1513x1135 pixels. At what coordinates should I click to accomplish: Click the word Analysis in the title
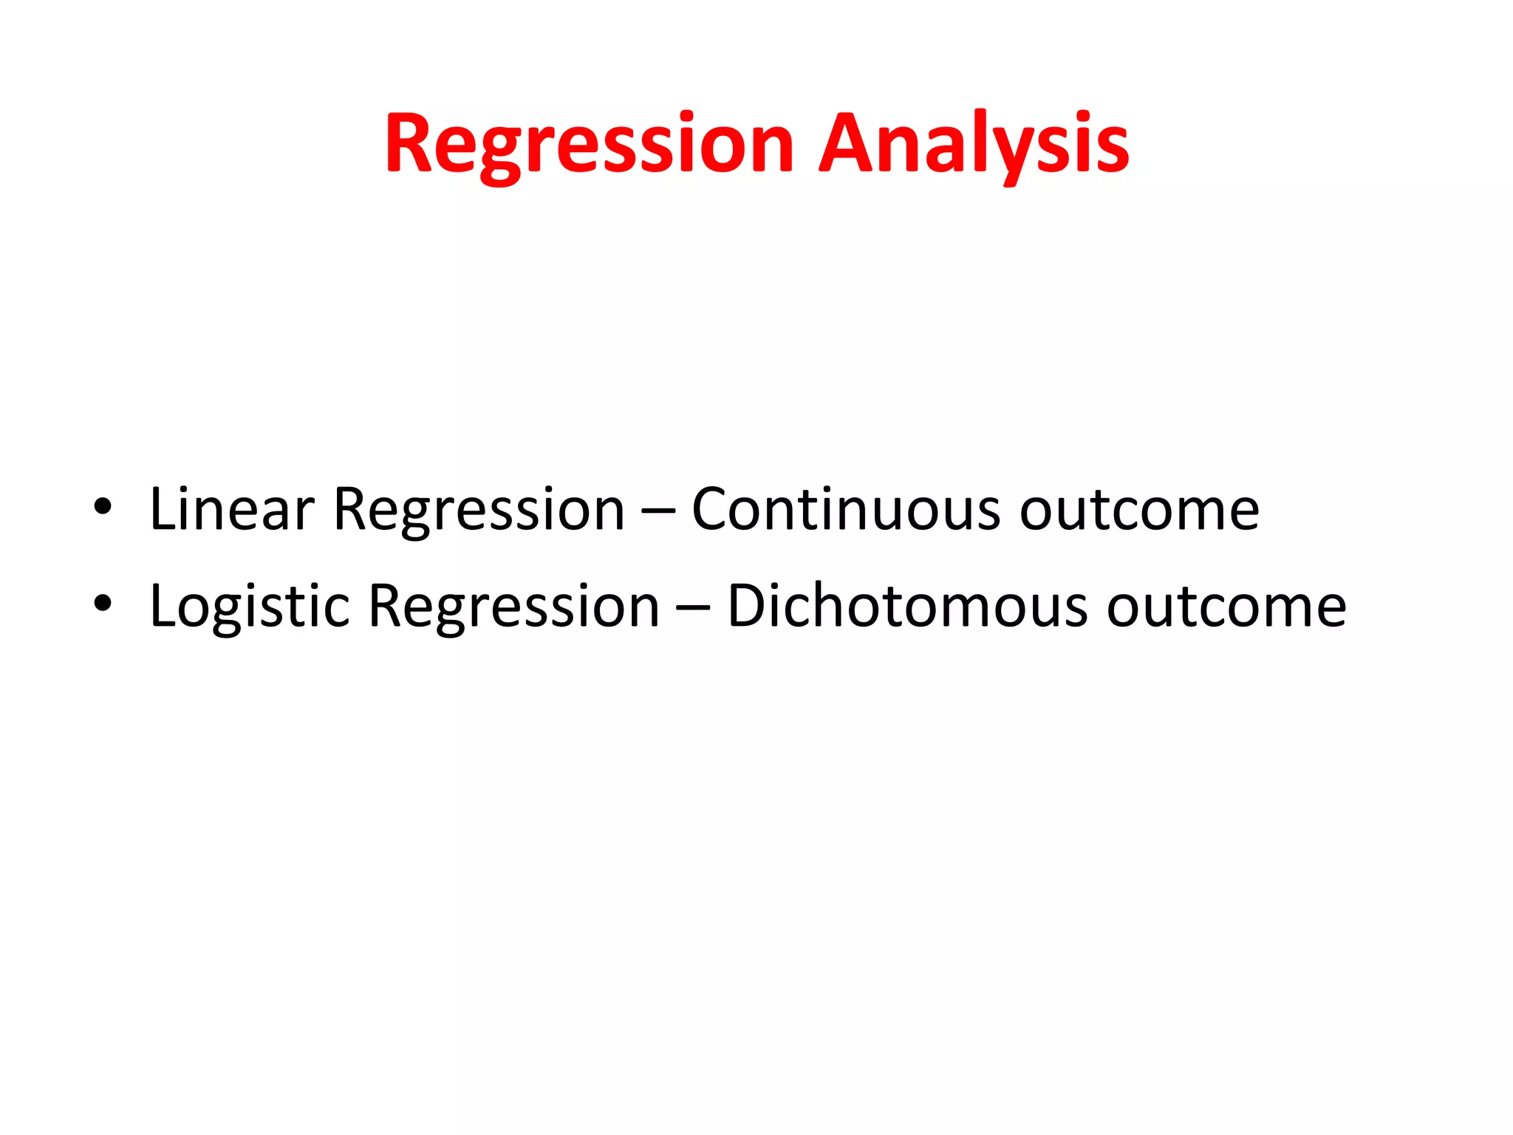pos(974,144)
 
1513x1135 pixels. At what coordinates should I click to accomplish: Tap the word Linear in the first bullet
pos(232,509)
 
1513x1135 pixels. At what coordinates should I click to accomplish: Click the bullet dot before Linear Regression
pos(103,508)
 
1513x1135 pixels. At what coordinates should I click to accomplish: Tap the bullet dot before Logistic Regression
pos(103,604)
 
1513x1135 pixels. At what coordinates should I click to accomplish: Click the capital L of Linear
pos(163,509)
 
